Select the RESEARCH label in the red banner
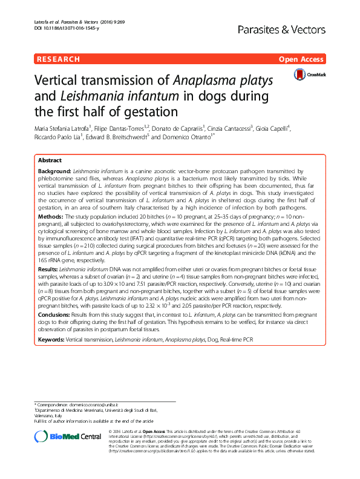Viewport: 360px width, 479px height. point(58,59)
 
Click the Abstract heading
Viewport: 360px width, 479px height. point(50,160)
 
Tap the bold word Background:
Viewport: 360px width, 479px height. point(55,172)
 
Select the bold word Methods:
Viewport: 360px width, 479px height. point(51,216)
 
